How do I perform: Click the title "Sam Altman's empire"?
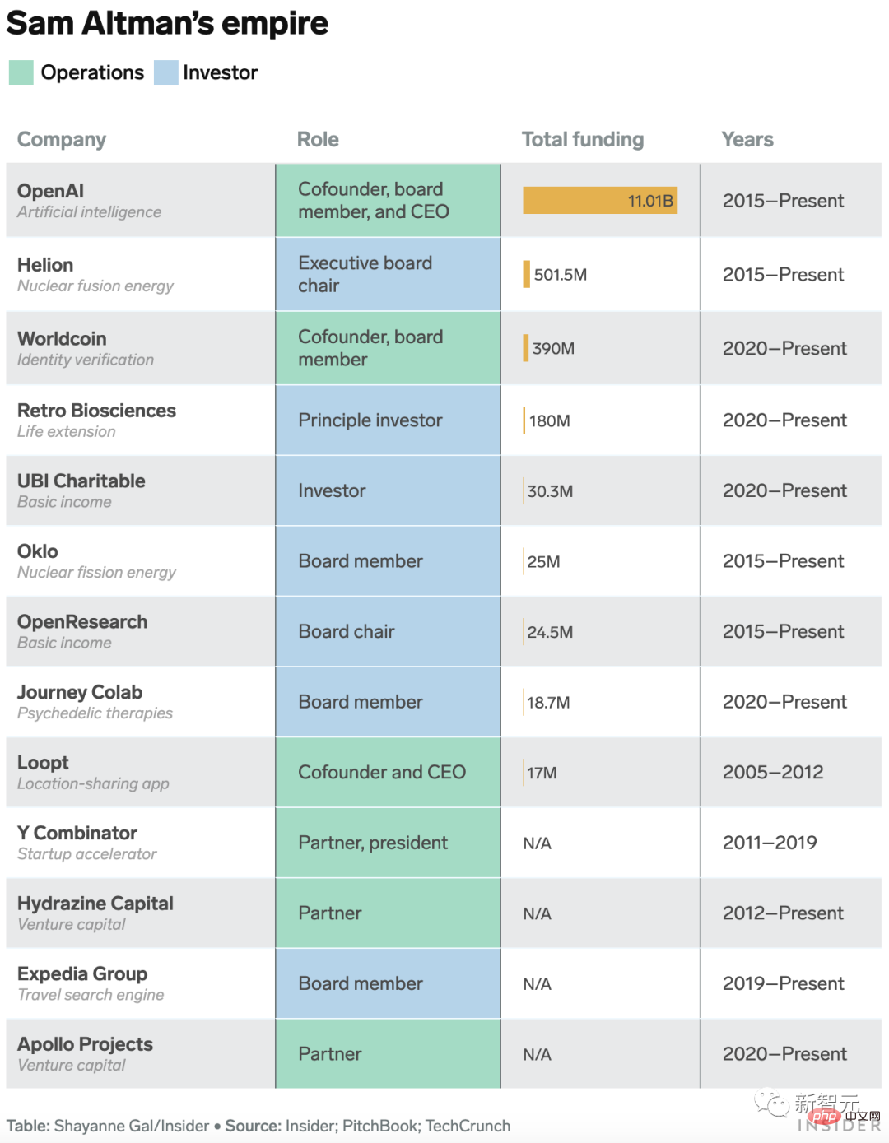[x=167, y=24]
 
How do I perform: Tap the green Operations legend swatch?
[x=21, y=72]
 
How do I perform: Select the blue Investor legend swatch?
[x=165, y=72]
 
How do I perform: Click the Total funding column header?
[x=582, y=139]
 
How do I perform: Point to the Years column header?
[x=747, y=139]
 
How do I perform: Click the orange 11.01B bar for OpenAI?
[x=599, y=200]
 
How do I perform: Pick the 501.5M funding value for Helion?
[x=560, y=275]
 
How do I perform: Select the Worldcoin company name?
[x=62, y=339]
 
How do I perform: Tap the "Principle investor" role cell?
[x=370, y=420]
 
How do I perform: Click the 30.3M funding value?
[x=550, y=491]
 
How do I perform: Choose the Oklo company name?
[x=38, y=551]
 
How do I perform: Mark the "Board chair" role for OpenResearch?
[x=346, y=631]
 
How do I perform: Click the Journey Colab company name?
[x=80, y=692]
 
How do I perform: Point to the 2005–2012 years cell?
[x=772, y=772]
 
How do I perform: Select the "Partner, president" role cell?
[x=372, y=843]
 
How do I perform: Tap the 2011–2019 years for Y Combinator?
[x=769, y=843]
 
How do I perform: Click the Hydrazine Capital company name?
[x=95, y=904]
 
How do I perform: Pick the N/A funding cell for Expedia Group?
[x=537, y=984]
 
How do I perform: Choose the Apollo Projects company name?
[x=85, y=1044]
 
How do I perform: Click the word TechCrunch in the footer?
[x=468, y=1126]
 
